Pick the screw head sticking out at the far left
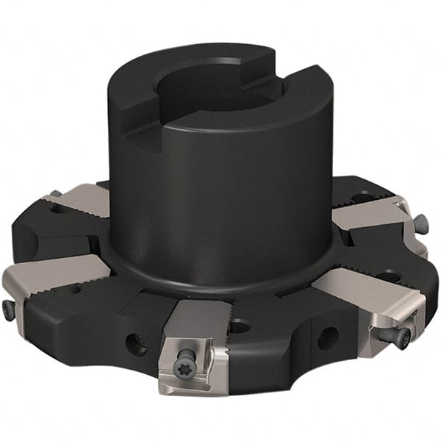(7, 309)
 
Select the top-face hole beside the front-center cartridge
(240, 324)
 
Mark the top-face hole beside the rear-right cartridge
(362, 197)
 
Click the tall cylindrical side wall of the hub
(220, 191)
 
